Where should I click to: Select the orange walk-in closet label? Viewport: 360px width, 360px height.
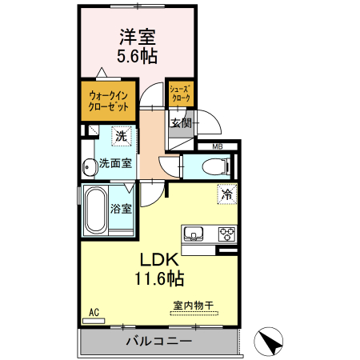108,101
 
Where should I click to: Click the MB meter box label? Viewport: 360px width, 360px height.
218,146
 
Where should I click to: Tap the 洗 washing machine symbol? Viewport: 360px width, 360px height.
120,136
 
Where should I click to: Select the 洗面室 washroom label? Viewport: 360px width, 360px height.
115,164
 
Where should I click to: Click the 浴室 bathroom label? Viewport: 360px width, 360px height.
122,210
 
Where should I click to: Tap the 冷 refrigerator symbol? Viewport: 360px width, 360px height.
226,193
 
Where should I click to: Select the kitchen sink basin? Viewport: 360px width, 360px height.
193,234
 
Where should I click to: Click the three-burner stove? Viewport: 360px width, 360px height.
226,234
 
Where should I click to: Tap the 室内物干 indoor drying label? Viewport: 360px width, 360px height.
193,305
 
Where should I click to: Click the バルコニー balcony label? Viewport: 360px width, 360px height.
158,342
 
